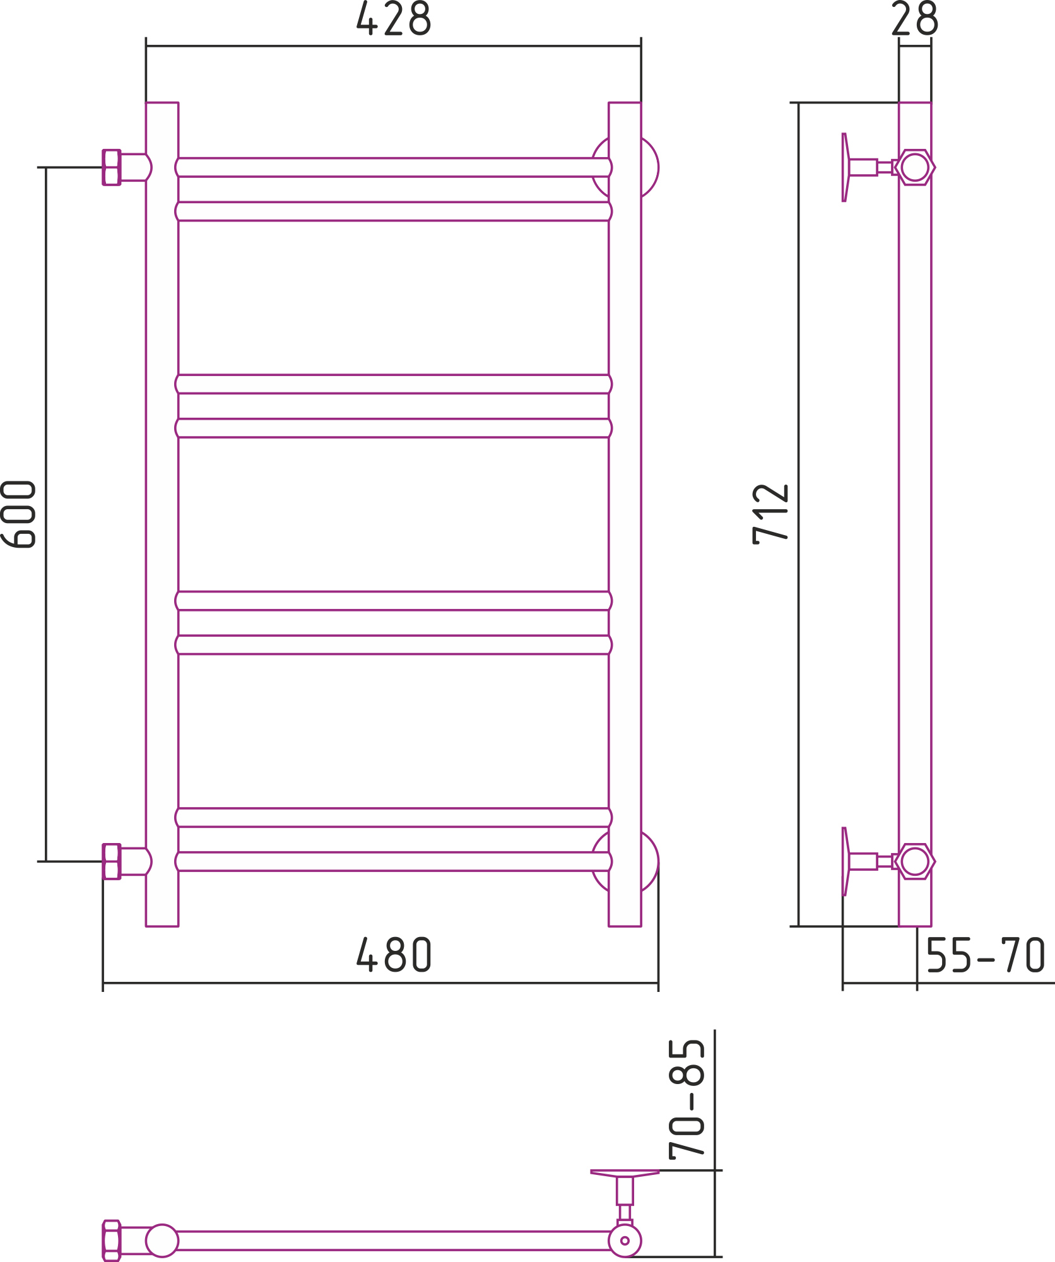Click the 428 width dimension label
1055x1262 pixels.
click(394, 18)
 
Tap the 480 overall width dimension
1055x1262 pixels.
click(394, 954)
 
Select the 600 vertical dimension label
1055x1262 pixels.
click(18, 514)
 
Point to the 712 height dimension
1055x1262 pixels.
click(770, 514)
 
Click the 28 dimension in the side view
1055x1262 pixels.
click(915, 18)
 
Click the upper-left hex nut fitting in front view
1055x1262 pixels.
click(112, 167)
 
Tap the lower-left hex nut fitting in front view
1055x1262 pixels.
click(112, 861)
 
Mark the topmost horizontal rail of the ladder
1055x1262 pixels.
click(394, 167)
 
